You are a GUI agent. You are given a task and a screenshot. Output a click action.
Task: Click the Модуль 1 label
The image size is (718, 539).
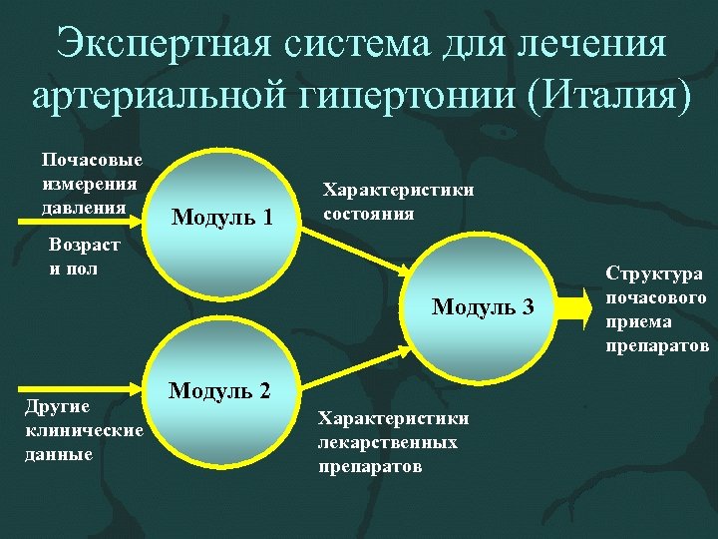coord(222,215)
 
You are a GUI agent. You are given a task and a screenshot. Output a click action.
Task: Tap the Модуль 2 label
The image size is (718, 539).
coord(219,389)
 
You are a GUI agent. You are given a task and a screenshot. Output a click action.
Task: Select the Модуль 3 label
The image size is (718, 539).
coord(483,306)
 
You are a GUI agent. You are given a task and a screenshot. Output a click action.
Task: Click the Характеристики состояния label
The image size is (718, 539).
coord(396,201)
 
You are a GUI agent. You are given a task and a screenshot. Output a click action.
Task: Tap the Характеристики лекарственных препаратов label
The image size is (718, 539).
coord(392,440)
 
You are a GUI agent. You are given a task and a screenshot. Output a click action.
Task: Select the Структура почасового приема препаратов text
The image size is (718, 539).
coord(656,309)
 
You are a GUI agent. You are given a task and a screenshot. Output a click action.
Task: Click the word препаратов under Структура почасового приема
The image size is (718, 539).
coord(656,346)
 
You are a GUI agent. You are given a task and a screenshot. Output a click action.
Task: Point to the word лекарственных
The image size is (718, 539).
coord(388,441)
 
